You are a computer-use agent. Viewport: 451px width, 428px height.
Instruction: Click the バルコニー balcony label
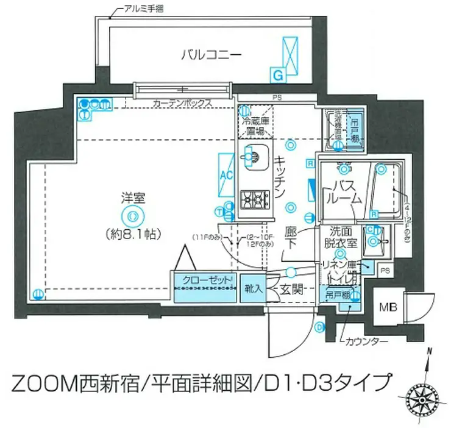tap(211, 54)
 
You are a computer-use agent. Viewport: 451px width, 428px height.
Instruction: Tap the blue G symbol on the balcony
tap(277, 76)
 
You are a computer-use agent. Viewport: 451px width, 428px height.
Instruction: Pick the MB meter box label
tap(388, 307)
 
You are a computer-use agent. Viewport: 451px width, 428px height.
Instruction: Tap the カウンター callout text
tap(366, 341)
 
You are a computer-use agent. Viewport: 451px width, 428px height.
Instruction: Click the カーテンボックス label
tap(182, 103)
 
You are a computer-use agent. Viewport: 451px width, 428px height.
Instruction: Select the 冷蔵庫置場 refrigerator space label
tap(255, 125)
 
